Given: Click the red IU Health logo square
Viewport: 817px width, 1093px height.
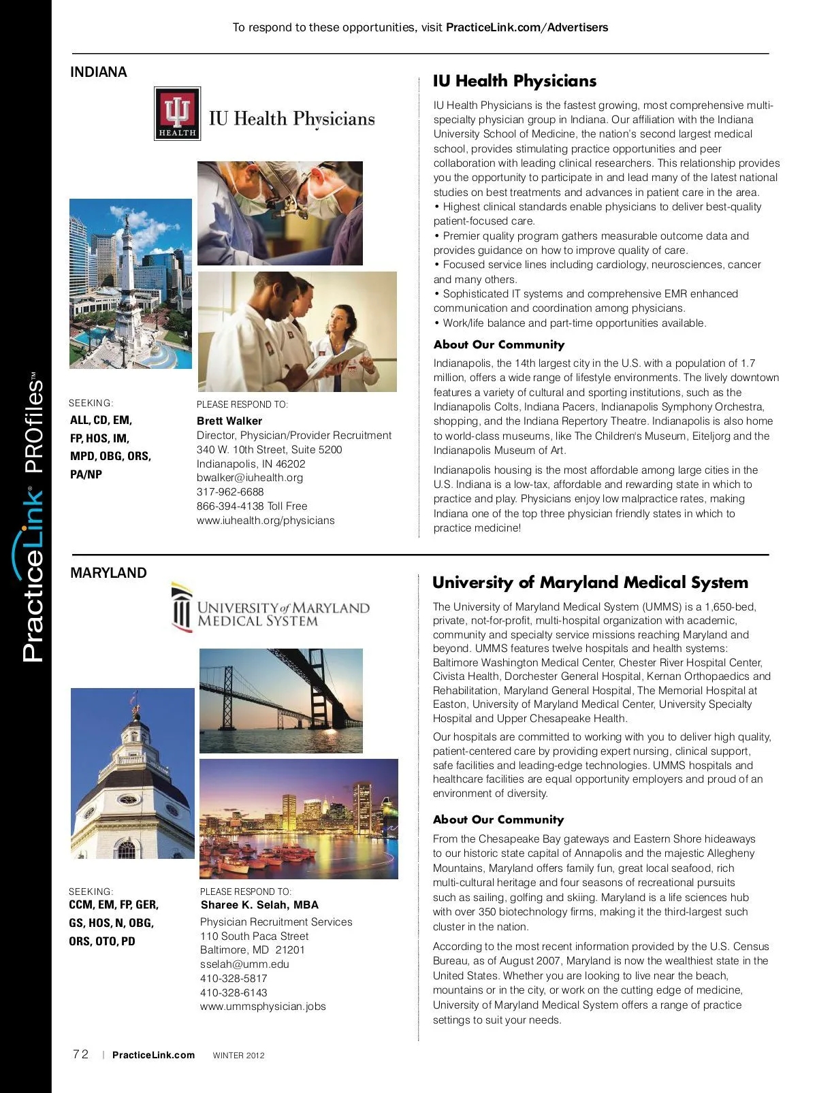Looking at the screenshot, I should (177, 114).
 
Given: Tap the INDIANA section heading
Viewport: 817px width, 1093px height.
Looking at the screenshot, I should (99, 72).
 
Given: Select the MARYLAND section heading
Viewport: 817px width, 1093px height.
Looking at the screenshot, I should (108, 573).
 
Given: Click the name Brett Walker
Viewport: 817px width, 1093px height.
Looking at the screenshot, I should (229, 421).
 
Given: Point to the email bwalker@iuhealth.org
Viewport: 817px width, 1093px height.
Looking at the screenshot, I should (250, 478).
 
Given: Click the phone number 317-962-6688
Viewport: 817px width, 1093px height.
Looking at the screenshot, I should (230, 492).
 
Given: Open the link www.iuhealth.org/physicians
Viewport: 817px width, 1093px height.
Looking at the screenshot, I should (266, 521).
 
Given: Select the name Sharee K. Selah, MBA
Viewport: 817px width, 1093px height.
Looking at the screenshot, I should (259, 905).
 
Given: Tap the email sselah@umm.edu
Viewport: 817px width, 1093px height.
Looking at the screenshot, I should (244, 964).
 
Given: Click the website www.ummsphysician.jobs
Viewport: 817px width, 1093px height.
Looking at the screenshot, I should (263, 1007).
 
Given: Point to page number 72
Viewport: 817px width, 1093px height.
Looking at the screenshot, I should (80, 1055).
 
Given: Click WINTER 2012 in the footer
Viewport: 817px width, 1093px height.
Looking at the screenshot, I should (238, 1056).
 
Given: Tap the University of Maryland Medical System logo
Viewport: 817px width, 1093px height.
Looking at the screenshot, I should (270, 608).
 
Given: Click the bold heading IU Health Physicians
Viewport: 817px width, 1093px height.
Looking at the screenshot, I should (515, 81).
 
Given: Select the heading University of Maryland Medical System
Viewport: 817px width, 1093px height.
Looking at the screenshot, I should (590, 583).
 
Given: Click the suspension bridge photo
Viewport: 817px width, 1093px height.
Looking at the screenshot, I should (281, 700).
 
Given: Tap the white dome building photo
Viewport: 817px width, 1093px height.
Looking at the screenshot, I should (132, 773).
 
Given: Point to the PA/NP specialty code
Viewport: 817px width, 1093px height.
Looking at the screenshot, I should (86, 475).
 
